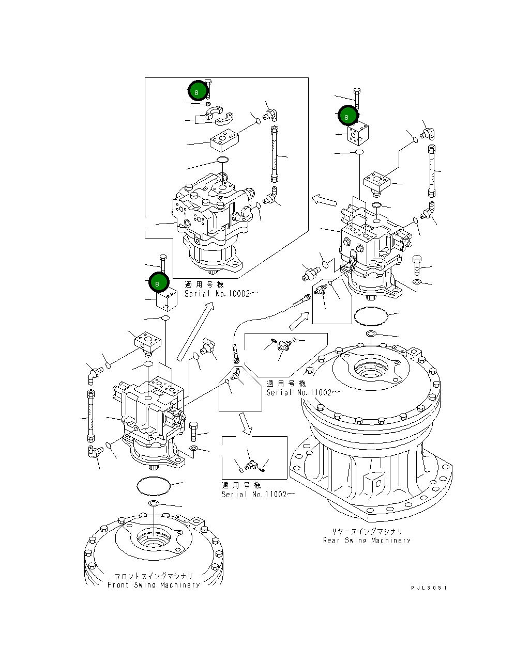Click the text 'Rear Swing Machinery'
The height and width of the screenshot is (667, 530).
[367, 541]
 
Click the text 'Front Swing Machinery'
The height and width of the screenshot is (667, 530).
[154, 585]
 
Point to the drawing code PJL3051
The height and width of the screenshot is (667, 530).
[429, 587]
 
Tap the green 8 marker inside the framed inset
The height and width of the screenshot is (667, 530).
[197, 92]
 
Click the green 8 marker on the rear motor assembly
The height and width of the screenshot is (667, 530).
[347, 116]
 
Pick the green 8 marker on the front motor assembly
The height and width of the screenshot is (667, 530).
[158, 282]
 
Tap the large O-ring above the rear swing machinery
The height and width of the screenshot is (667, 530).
[370, 316]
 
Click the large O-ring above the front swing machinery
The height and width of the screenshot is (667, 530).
[154, 486]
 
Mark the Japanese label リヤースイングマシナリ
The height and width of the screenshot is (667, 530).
[367, 531]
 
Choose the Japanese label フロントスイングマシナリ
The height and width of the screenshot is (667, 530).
[154, 576]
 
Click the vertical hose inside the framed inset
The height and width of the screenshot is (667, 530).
[275, 155]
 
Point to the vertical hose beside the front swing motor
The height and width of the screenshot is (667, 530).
[92, 416]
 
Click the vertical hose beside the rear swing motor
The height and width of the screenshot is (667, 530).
[432, 171]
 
